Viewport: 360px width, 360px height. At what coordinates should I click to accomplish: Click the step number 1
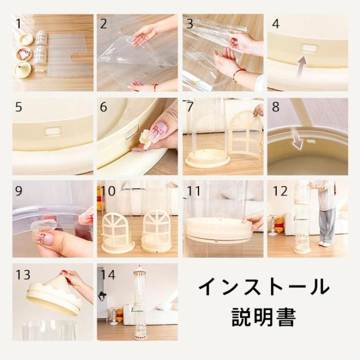click(x=19, y=24)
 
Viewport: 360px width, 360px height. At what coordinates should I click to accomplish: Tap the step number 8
click(x=276, y=107)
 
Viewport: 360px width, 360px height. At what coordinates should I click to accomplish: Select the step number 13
click(x=23, y=274)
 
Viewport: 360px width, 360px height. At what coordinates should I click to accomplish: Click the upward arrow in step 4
click(x=302, y=67)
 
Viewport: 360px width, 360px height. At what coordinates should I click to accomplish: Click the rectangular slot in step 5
click(x=53, y=131)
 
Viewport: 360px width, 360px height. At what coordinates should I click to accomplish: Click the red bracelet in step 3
click(x=239, y=74)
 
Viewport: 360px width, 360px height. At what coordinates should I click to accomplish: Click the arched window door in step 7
click(x=245, y=134)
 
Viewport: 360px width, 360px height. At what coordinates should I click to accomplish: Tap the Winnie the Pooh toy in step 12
click(x=279, y=224)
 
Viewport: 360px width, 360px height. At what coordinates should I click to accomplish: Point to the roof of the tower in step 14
click(x=139, y=271)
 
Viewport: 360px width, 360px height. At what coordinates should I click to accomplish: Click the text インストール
click(x=264, y=286)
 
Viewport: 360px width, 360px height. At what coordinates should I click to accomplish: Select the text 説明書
click(x=264, y=317)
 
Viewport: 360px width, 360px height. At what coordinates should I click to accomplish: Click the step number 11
click(x=194, y=191)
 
